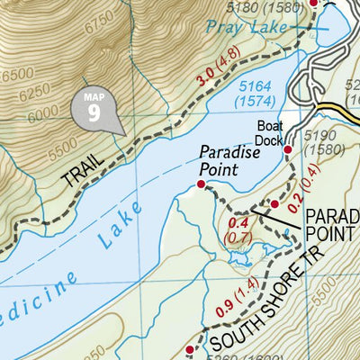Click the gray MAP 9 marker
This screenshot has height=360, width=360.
pos(94,109)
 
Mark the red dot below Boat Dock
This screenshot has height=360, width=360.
pos(288,149)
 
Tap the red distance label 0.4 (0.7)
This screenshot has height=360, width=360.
pos(238,229)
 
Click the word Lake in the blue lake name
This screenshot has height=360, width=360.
pos(116,225)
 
